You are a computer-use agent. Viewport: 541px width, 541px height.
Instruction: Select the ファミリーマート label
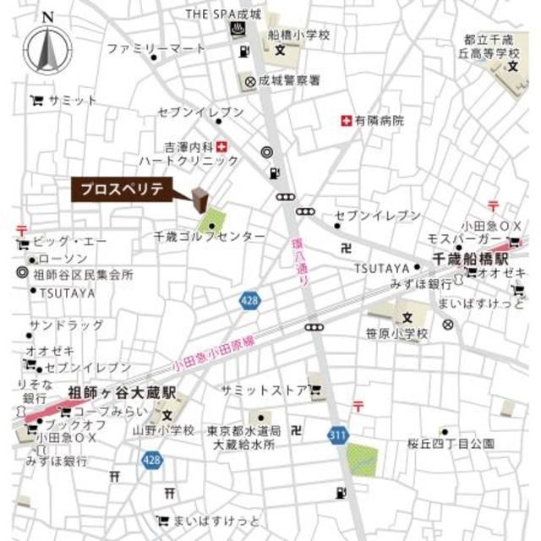156,48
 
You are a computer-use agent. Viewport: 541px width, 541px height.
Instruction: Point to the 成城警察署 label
291,81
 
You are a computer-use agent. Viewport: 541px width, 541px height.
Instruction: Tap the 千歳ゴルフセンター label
210,238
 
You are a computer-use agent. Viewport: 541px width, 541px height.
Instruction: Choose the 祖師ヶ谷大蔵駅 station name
119,393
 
